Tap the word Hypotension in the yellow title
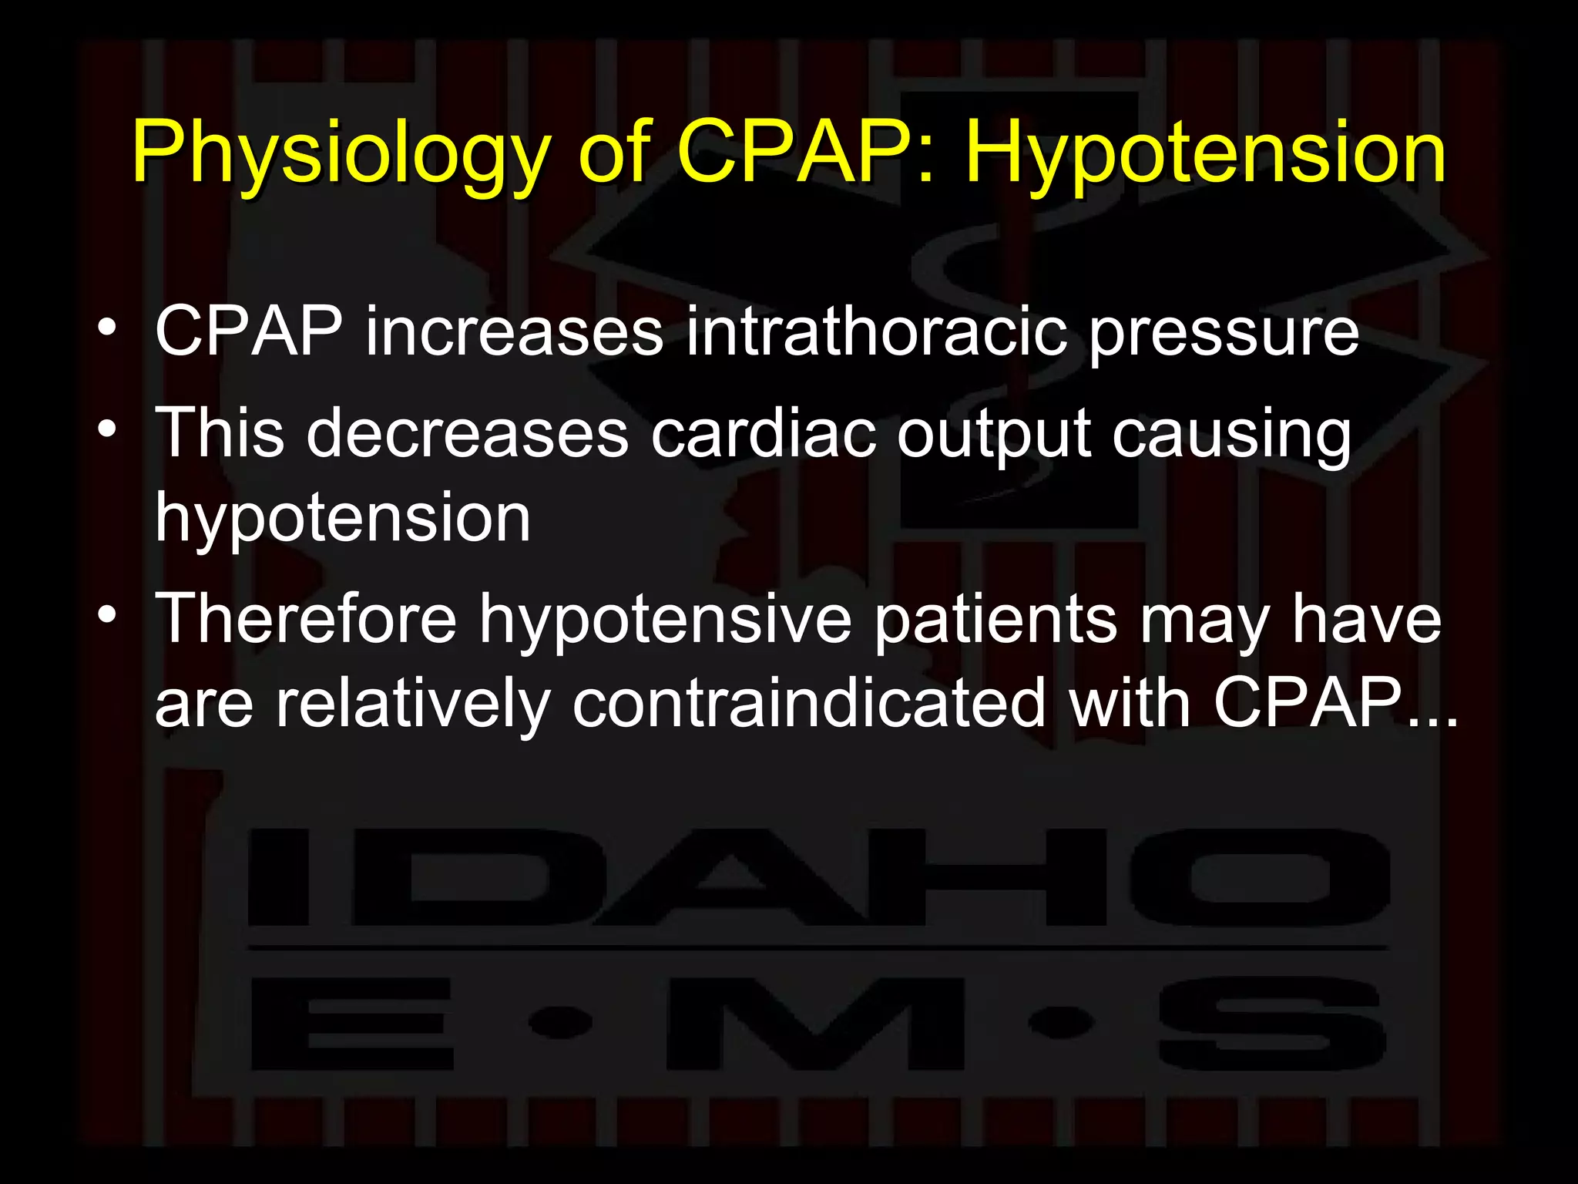(x=1205, y=154)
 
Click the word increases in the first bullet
(x=514, y=331)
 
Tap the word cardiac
(x=763, y=432)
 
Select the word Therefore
(x=306, y=618)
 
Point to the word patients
(x=995, y=620)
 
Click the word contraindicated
(x=808, y=702)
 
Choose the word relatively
(x=413, y=702)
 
